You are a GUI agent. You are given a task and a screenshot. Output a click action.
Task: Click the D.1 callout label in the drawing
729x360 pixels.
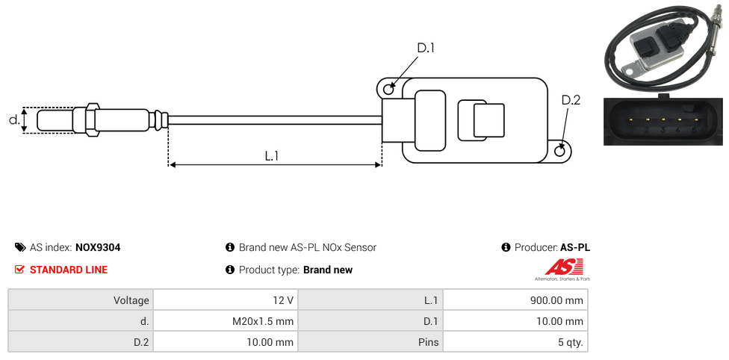click(425, 48)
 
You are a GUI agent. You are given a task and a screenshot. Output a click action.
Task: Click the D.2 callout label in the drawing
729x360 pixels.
click(571, 100)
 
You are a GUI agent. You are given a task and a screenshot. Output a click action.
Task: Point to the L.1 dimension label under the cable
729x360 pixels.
click(272, 155)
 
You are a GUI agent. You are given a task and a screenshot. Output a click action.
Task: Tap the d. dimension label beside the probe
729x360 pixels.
click(13, 120)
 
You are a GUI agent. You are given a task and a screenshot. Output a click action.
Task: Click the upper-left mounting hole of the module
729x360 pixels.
click(388, 90)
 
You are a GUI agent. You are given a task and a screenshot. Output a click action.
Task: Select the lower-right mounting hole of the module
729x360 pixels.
click(561, 152)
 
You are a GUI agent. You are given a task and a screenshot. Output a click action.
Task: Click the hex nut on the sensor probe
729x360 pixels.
click(93, 120)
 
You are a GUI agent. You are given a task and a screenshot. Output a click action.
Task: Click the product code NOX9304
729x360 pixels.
click(98, 247)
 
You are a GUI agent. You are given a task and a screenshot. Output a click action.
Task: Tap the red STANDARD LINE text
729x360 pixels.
click(69, 270)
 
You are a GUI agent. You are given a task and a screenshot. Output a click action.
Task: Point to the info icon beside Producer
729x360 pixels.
click(506, 247)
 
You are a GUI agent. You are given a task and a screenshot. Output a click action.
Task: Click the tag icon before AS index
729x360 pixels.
click(20, 247)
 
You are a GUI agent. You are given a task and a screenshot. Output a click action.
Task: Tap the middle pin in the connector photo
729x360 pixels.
click(662, 120)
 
